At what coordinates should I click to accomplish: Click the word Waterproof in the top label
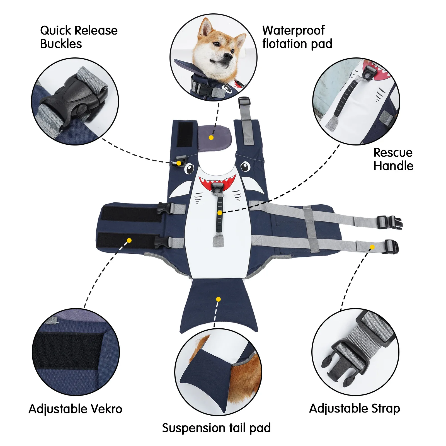293,31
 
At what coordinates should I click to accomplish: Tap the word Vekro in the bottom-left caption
107,409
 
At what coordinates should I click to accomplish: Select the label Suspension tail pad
216,428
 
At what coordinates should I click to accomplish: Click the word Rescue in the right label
393,152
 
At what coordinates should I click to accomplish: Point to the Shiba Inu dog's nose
228,57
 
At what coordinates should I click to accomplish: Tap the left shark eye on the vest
189,168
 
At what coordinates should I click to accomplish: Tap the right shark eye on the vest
245,167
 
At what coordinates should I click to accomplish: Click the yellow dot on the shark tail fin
218,299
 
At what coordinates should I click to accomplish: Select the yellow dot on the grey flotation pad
211,137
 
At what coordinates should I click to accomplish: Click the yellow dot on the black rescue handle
220,213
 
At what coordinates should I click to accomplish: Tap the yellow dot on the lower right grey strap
372,247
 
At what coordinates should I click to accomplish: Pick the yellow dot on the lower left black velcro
129,240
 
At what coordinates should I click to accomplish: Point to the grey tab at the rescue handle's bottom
218,241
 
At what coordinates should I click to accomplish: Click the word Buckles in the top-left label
61,44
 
